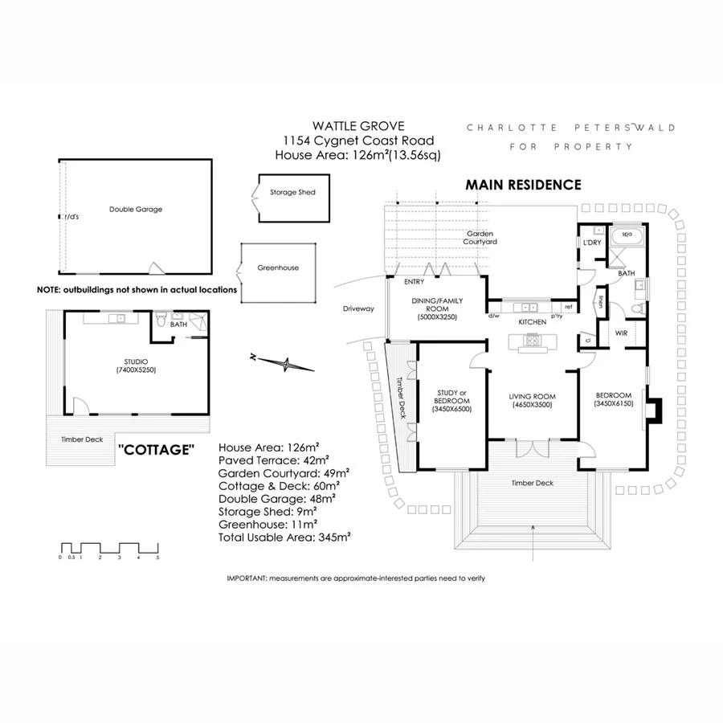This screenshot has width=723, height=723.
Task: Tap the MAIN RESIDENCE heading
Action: coord(523,185)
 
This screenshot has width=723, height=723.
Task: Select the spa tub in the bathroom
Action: coord(627,237)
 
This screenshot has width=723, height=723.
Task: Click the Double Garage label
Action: coord(136,210)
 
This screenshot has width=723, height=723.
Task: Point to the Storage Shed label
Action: coord(292,193)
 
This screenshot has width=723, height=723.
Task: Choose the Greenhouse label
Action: coord(278,268)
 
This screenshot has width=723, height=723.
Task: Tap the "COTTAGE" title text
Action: coord(156,449)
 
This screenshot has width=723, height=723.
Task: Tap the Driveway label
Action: coord(359,308)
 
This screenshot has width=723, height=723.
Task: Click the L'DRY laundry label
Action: coord(594,243)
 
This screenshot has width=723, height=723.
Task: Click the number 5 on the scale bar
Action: coord(158,557)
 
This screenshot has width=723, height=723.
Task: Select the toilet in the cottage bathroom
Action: coord(162,322)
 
